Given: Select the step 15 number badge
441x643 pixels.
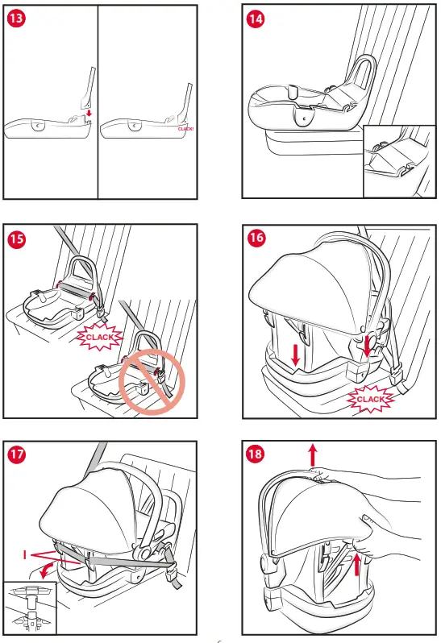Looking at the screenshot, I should point(15,239).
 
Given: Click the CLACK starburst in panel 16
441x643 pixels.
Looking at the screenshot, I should point(372,398).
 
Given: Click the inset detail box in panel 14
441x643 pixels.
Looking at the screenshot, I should point(398,161).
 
